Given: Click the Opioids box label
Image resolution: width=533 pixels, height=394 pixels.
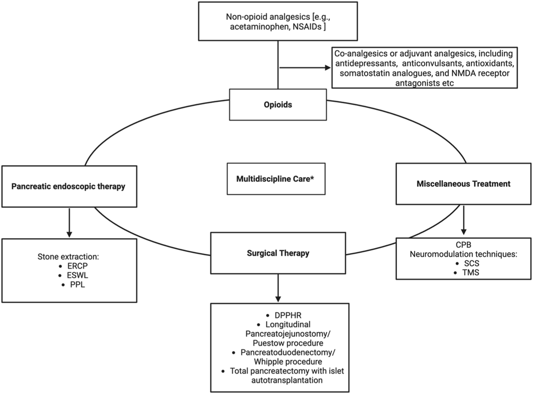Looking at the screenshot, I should tap(278, 105).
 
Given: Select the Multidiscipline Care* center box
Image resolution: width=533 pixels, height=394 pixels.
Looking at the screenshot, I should tap(275, 179).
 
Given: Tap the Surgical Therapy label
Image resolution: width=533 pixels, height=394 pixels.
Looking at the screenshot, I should tap(278, 253).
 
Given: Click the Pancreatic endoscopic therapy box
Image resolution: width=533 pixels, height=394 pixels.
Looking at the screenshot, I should tap(69, 186).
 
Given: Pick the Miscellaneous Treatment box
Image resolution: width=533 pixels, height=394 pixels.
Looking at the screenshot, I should tap(463, 184).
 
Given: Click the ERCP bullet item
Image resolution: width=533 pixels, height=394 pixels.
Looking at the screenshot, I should tap(77, 266).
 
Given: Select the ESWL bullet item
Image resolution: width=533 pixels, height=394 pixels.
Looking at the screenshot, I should tap(77, 276).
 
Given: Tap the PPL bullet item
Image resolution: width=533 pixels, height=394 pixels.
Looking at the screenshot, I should tap(77, 285).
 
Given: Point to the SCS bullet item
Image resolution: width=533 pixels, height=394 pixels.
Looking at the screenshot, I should tap(471, 263).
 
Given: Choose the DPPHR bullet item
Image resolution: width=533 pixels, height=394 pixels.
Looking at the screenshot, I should tap(288, 315).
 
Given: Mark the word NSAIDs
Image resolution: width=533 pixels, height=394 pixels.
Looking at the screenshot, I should tap(307, 27).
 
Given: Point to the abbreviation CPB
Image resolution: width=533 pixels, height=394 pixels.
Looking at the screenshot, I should tap(463, 245).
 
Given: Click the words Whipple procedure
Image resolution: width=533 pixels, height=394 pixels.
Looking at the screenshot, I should tap(288, 362).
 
